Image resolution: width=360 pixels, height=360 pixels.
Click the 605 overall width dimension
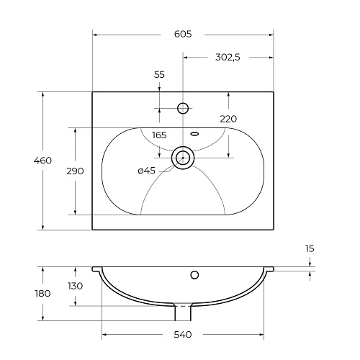[x=183, y=34]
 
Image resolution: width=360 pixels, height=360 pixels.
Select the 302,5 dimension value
[x=228, y=58]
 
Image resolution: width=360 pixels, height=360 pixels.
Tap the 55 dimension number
[x=159, y=75]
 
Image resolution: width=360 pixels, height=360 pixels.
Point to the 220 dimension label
[x=228, y=119]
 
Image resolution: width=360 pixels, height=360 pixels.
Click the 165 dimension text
[x=159, y=135]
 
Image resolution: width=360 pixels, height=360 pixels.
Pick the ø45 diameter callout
[x=147, y=171]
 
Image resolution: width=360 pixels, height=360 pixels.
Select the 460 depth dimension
[x=42, y=161]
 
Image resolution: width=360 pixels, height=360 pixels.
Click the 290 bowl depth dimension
[x=75, y=171]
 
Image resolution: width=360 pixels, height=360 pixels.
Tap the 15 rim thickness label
[x=310, y=248]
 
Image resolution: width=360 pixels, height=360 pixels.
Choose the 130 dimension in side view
[x=76, y=286]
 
